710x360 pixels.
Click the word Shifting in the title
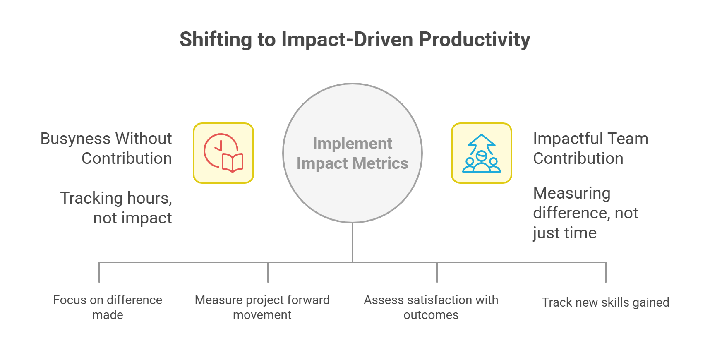pos(215,40)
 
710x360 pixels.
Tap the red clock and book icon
pos(223,153)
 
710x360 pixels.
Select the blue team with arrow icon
pos(481,153)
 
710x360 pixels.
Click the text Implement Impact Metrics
pos(352,154)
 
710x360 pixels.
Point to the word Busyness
pos(75,139)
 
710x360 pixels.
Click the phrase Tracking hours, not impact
pos(117,208)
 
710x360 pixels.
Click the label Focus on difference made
pos(108,307)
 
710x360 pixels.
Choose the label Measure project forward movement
pos(262,307)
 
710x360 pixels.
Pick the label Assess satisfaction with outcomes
pos(431,307)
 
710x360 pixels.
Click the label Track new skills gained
pos(605,302)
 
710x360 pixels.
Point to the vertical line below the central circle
pos(352,242)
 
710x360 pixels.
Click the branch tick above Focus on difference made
pos(99,272)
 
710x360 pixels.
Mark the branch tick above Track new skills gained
pos(605,272)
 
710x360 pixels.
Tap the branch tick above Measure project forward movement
pos(268,272)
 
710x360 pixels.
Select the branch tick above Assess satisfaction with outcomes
pos(437,272)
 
